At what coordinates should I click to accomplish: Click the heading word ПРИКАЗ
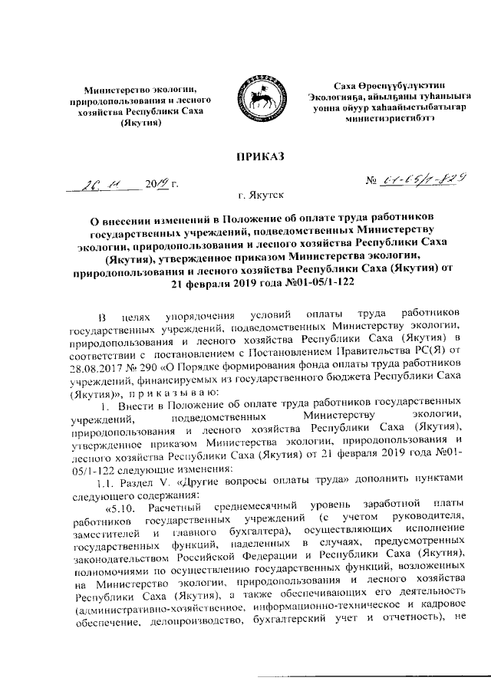(255, 157)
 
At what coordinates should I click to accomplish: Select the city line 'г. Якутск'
(253, 198)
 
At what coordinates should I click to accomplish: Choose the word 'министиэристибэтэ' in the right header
(389, 120)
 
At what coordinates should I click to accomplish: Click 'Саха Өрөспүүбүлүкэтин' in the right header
(389, 84)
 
